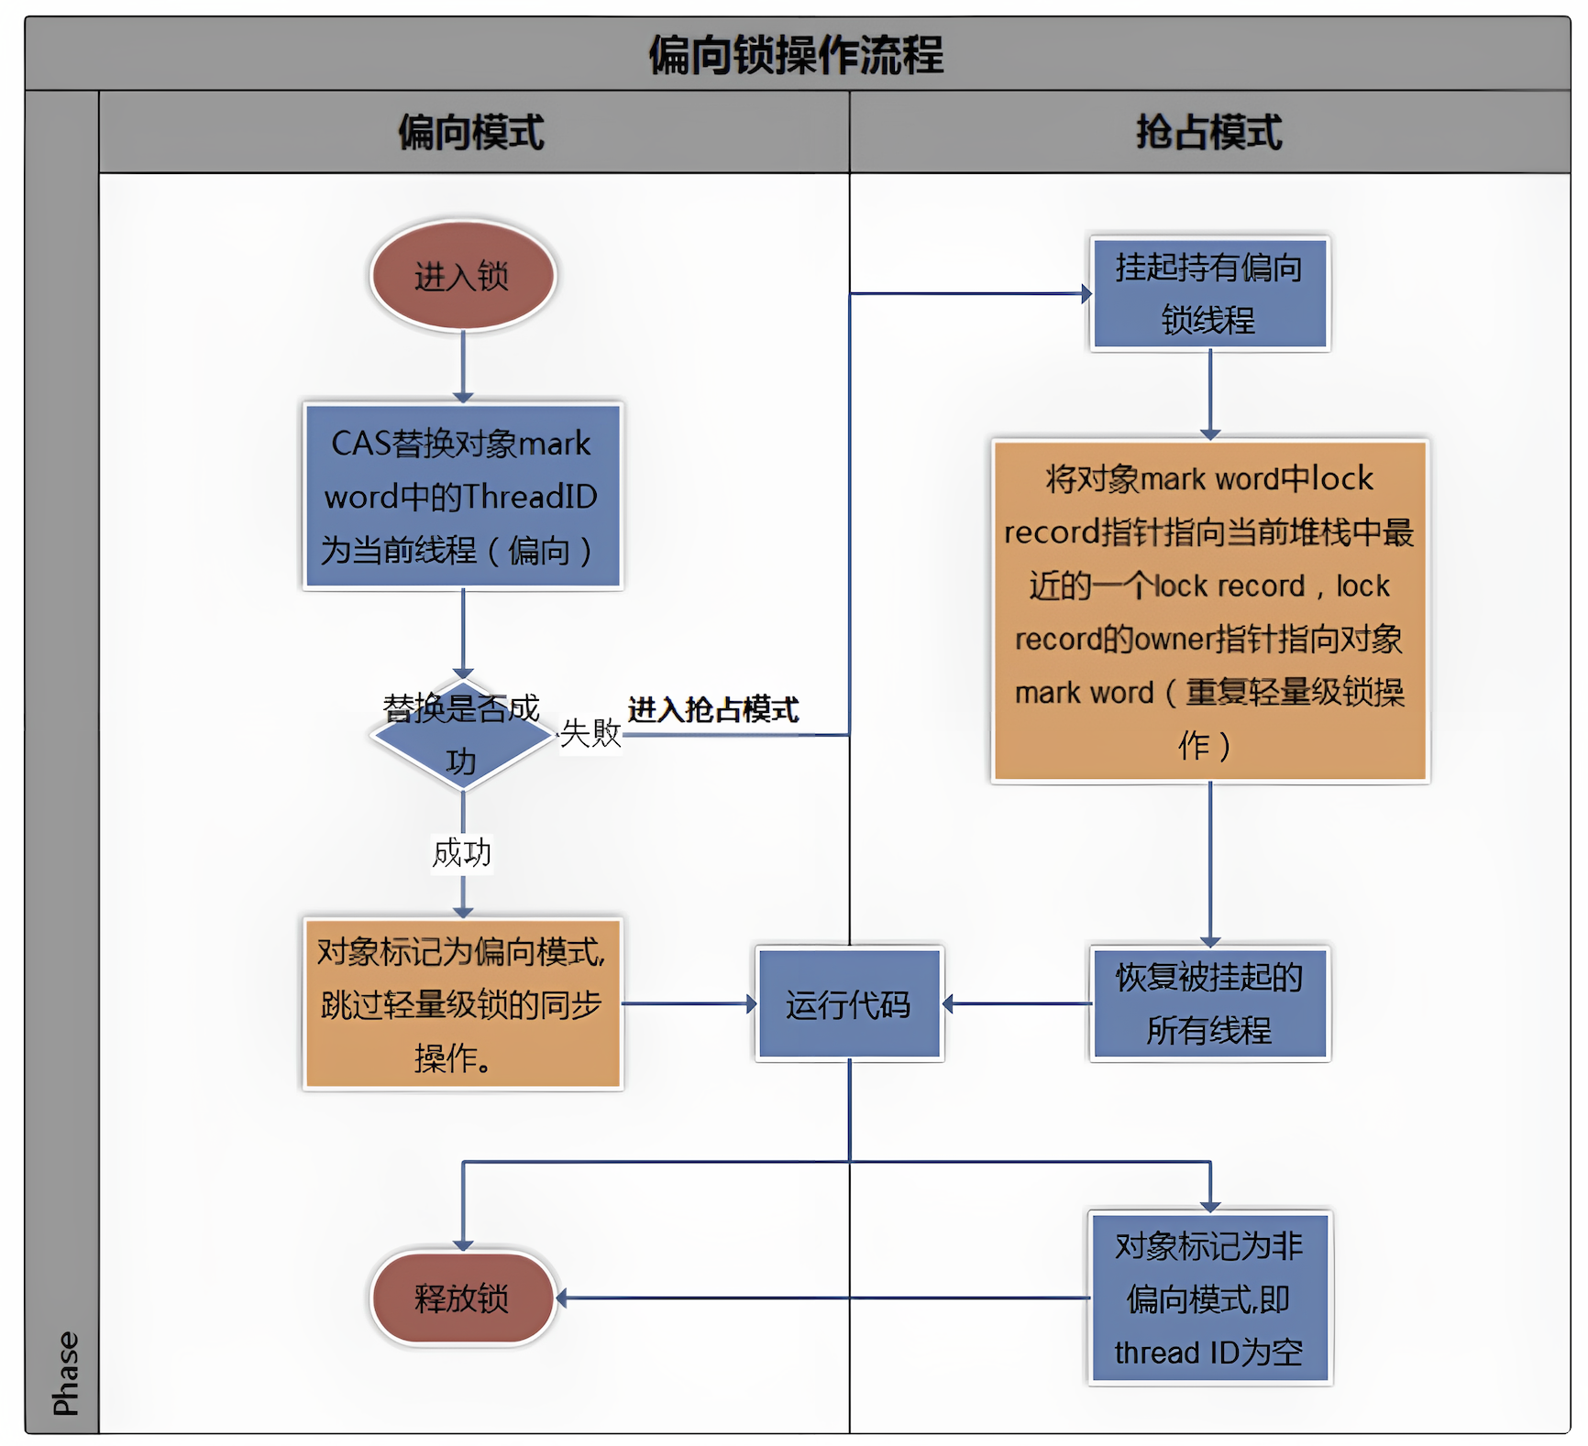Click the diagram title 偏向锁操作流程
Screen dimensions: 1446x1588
click(795, 54)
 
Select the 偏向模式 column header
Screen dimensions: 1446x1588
click(471, 132)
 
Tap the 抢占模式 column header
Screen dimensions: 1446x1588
click(1208, 132)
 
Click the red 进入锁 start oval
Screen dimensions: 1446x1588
click(462, 275)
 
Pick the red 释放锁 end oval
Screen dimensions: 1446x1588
click(462, 1298)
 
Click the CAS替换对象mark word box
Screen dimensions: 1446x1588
click(462, 496)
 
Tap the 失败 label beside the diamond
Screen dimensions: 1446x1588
click(590, 733)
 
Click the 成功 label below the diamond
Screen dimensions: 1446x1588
click(461, 853)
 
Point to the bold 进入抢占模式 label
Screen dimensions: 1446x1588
click(712, 709)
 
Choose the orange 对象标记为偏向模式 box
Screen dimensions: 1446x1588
click(462, 1004)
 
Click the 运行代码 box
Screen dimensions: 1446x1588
click(848, 1004)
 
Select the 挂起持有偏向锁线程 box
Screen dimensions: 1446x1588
click(1209, 293)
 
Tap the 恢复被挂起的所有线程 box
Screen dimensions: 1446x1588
click(1209, 1004)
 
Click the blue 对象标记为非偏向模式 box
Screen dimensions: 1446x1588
click(1209, 1298)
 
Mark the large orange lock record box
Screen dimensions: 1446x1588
click(1209, 611)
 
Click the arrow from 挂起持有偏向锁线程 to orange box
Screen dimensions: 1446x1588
click(1210, 394)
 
